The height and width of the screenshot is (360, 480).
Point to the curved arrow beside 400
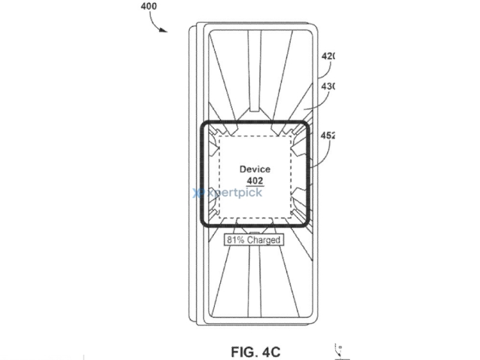[157, 23]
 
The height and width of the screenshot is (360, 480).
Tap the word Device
[255, 169]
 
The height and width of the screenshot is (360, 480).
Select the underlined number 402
[255, 181]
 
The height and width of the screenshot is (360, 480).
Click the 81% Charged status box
[252, 240]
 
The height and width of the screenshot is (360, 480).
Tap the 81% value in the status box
[234, 240]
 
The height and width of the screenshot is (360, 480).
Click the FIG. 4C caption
[254, 352]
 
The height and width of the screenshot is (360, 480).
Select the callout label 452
[328, 135]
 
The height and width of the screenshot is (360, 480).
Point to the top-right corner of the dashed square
[292, 136]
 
